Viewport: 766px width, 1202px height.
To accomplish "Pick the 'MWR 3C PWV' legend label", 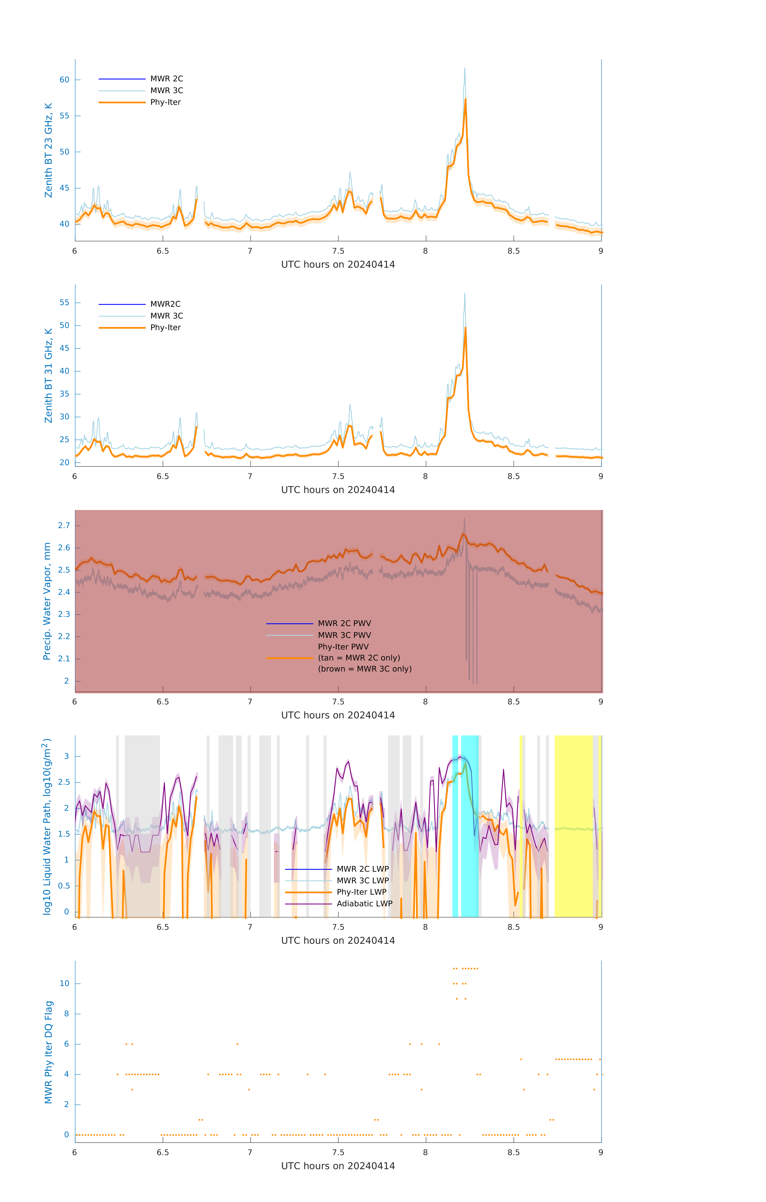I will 344,635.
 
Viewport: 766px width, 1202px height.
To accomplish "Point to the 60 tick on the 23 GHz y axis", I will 64,80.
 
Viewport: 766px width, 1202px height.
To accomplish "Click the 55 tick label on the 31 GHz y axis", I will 64,303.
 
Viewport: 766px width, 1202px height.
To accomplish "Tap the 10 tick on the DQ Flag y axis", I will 64,983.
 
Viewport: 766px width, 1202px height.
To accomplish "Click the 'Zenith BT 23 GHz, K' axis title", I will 48,150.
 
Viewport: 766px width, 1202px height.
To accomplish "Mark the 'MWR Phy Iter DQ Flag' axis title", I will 48,1052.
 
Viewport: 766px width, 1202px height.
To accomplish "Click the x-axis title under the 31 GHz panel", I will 338,490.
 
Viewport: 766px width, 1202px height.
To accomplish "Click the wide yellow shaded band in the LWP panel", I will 573,826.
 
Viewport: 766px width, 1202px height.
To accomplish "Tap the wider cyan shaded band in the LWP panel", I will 470,826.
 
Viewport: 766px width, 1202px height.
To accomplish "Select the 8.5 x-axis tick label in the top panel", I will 513,251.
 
